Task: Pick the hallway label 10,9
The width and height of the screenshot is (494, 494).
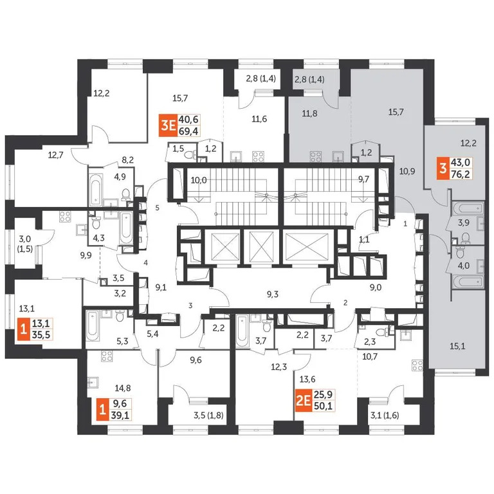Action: click(407, 171)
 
